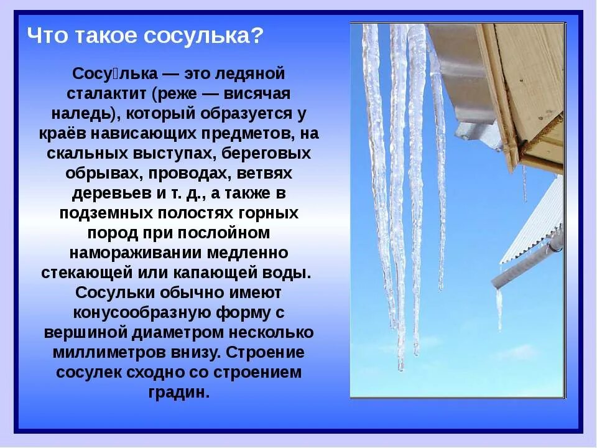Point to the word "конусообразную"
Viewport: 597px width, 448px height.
tap(129, 313)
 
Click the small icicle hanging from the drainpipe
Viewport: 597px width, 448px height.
tap(499, 308)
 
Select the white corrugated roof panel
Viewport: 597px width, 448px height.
tap(536, 224)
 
